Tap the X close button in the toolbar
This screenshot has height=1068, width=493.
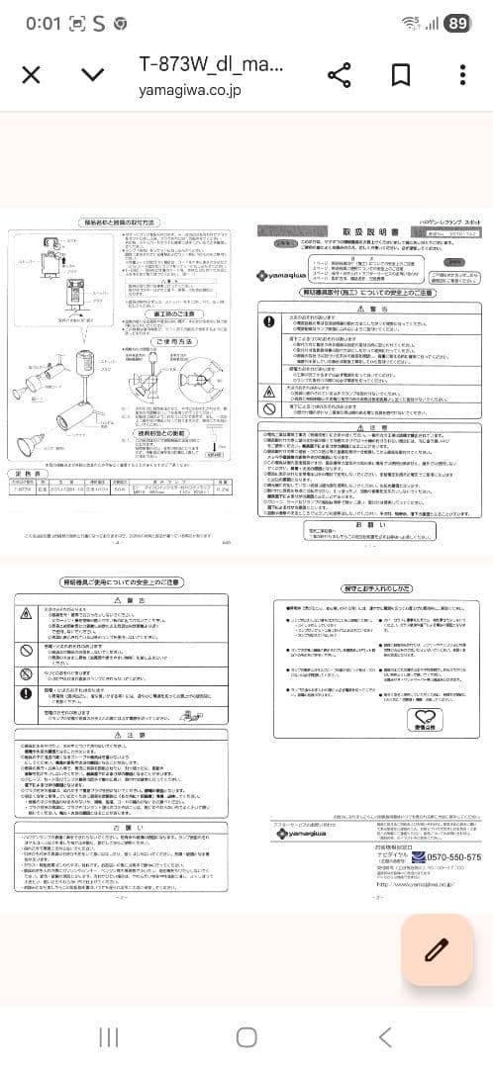pyautogui.click(x=31, y=75)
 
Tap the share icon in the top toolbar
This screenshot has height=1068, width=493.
pyautogui.click(x=340, y=75)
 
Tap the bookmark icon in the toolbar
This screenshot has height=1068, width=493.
pyautogui.click(x=401, y=75)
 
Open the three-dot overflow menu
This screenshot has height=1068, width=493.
pyautogui.click(x=462, y=75)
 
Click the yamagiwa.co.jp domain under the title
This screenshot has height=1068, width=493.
pyautogui.click(x=189, y=89)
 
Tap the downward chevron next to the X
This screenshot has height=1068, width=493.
pyautogui.click(x=92, y=75)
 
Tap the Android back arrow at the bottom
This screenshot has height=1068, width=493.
pyautogui.click(x=385, y=1035)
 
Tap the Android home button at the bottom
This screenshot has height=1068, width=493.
pyautogui.click(x=246, y=1035)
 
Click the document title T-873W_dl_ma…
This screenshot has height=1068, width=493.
pyautogui.click(x=210, y=65)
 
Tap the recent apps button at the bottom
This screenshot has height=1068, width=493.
pyautogui.click(x=107, y=1035)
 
